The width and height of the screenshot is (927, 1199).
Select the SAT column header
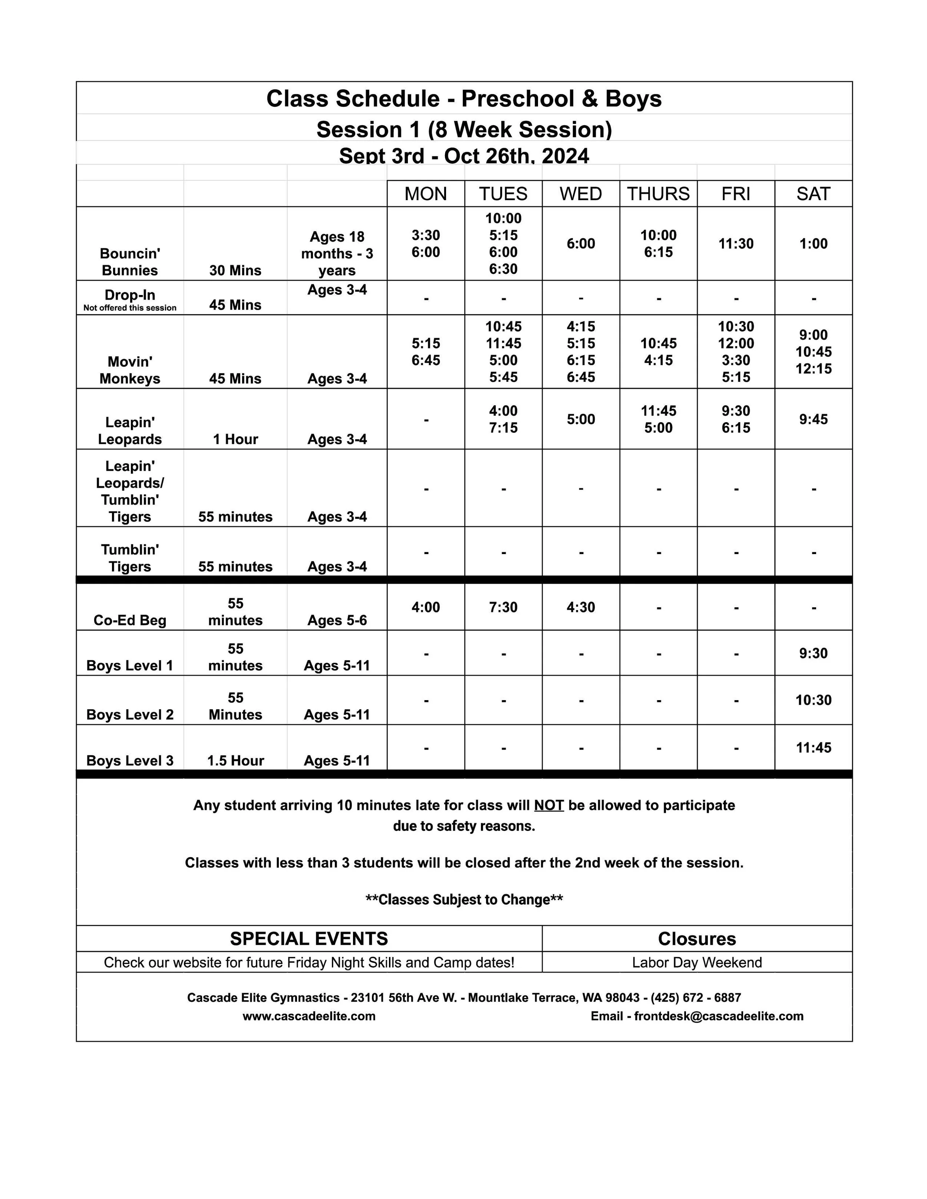(813, 194)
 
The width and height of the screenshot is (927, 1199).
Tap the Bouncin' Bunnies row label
(130, 262)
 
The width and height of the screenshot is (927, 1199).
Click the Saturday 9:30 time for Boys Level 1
(813, 653)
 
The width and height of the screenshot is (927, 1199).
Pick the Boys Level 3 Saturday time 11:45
(813, 747)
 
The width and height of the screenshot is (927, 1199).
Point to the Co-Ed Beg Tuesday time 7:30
(503, 607)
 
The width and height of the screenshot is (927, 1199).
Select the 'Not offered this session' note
(130, 308)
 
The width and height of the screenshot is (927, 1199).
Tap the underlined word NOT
(549, 805)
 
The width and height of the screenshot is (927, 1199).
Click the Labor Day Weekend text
(696, 963)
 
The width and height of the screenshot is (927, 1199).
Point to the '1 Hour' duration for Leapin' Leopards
(235, 439)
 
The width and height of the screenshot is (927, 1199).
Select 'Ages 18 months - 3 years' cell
(337, 253)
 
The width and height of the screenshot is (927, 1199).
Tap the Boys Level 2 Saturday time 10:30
(813, 700)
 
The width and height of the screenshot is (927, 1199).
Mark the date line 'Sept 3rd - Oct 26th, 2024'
(464, 156)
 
